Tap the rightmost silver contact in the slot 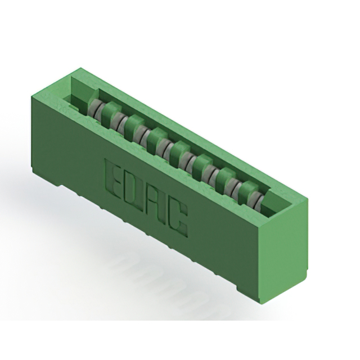pyautogui.click(x=256, y=200)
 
